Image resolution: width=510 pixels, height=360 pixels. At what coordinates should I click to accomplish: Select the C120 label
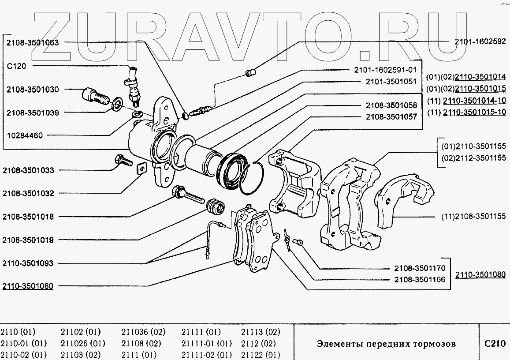click(x=17, y=66)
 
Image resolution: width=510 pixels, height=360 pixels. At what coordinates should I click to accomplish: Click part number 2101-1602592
click(x=480, y=42)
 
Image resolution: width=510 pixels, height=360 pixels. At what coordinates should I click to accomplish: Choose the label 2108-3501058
click(x=391, y=106)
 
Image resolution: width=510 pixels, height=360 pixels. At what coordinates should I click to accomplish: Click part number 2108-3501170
click(x=420, y=268)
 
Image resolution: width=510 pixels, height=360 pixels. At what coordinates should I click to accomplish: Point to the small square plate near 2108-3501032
click(x=141, y=169)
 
